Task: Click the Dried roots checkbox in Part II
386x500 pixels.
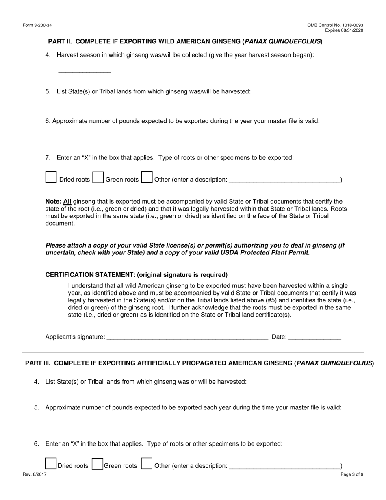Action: click(x=51, y=177)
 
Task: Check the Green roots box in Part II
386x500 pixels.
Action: click(x=98, y=177)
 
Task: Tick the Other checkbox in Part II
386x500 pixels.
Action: click(x=147, y=177)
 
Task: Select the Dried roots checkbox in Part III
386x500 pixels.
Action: click(x=51, y=464)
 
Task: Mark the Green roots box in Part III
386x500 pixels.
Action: click(x=98, y=464)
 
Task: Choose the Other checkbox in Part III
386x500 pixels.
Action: click(x=147, y=464)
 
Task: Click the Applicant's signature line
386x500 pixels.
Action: click(x=187, y=337)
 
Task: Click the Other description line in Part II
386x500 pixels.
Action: click(x=284, y=180)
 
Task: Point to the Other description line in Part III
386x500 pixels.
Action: click(x=284, y=466)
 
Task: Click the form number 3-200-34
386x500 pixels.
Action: click(x=37, y=25)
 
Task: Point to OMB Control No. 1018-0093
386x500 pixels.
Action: click(x=335, y=25)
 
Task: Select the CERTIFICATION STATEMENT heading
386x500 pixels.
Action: click(x=136, y=275)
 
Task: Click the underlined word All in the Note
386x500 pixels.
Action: click(x=67, y=202)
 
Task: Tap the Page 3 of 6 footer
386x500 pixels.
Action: click(x=352, y=474)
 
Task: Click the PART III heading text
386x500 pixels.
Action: click(x=199, y=363)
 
